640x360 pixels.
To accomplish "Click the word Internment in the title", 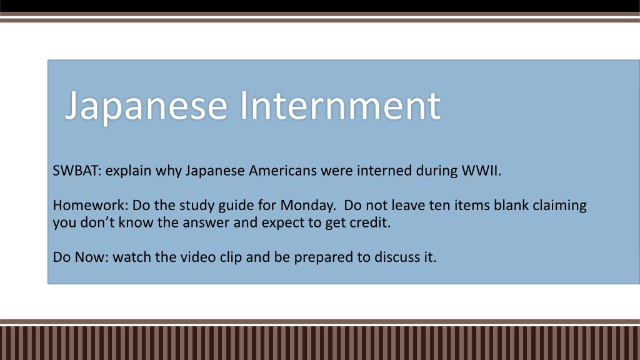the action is (x=340, y=105).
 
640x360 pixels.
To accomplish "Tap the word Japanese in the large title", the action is (x=146, y=107).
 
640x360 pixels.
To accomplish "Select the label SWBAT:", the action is (x=77, y=170).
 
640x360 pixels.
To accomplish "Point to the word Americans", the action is (x=282, y=170).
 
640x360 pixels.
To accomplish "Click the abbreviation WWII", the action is (x=481, y=170).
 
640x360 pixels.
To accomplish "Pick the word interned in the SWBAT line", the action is (x=384, y=170).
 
